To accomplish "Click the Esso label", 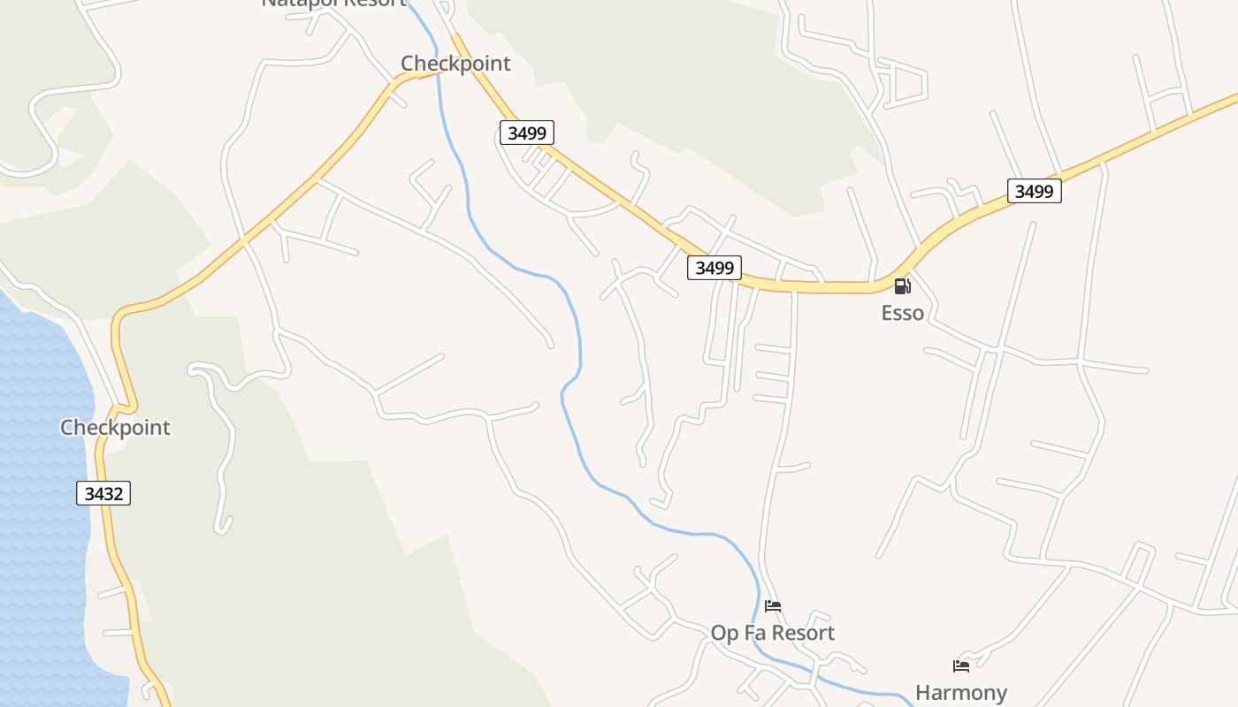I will coord(902,313).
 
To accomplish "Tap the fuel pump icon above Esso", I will coord(902,285).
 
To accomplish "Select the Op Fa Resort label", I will coord(772,633).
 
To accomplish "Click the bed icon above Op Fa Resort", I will coord(773,606).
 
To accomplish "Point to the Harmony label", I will coord(960,693).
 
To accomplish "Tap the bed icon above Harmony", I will coord(961,666).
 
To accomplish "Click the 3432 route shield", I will coord(103,493).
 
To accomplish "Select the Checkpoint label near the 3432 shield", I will coord(115,428).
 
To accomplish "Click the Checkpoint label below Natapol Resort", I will coord(455,64).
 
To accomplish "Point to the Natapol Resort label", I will coord(333,3).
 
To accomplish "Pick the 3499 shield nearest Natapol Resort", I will coord(527,133).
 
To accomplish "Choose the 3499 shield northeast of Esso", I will coord(1034,191).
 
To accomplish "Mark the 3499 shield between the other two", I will coord(714,268).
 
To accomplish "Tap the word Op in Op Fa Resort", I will coord(724,633).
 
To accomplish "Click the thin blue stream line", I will coord(579,345).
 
